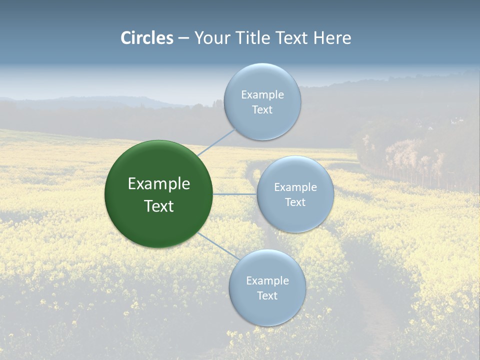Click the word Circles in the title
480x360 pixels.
click(x=147, y=38)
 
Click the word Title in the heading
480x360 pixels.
click(x=250, y=38)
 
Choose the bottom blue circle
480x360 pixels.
click(x=267, y=310)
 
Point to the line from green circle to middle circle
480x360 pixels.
click(x=234, y=194)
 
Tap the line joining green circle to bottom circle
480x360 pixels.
click(x=219, y=246)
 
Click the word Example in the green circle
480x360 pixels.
click(x=159, y=184)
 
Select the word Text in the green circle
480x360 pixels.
click(x=159, y=206)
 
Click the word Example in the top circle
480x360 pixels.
click(x=262, y=95)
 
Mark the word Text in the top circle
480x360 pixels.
click(x=262, y=110)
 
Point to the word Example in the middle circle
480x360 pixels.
click(x=295, y=187)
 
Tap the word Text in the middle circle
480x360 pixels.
click(x=295, y=202)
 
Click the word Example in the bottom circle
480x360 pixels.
click(x=267, y=281)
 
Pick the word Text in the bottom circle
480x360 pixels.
click(x=267, y=296)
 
